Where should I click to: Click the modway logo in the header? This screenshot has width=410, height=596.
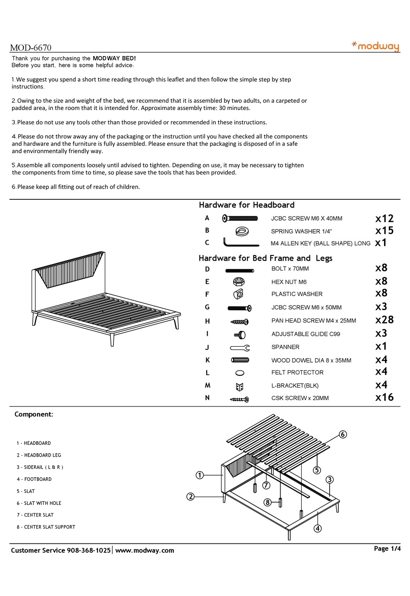375,46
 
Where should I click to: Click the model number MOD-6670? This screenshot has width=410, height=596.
31,48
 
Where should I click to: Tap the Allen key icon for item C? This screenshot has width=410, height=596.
240,243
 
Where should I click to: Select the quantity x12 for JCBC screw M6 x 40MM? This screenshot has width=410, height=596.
384,218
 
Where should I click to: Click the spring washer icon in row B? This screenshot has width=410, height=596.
240,231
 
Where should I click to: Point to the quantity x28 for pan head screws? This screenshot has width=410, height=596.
384,320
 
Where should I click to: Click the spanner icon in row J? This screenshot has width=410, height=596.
240,347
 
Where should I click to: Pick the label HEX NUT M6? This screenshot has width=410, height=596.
289,282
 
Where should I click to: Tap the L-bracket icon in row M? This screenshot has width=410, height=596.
240,386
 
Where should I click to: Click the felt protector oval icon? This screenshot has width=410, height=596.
240,373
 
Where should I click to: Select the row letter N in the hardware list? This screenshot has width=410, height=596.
207,398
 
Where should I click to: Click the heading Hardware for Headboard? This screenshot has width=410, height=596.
246,205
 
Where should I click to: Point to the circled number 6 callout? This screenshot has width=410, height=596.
343,434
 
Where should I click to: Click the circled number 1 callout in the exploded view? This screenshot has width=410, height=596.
200,475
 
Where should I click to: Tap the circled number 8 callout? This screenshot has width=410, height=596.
268,502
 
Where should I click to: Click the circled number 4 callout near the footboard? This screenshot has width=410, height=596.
318,528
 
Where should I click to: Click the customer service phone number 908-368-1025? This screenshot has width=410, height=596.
89,550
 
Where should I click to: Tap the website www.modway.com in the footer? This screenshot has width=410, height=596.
145,550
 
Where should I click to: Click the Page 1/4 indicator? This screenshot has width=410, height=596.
387,549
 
